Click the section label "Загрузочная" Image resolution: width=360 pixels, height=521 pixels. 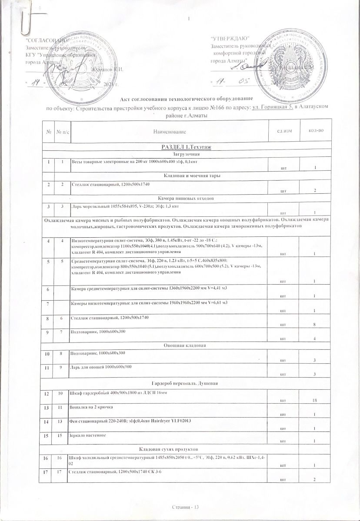186,154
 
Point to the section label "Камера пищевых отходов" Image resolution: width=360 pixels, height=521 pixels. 186,198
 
